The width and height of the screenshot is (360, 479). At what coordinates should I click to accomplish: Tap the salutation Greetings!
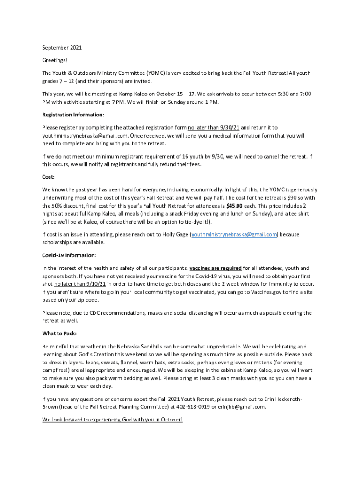pos(55,60)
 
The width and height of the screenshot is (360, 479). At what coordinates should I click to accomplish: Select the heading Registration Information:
pos(73,115)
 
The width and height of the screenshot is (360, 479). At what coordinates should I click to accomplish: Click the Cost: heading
pos(49,177)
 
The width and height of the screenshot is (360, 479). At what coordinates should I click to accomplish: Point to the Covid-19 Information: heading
pos(69,255)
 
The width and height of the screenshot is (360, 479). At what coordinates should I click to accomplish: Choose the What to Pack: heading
pos(59,334)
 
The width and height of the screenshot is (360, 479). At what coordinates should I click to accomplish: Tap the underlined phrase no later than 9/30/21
pos(214,127)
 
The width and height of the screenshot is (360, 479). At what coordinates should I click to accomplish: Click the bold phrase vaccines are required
pos(216,269)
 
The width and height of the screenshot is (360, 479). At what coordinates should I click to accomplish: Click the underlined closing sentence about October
pos(112,420)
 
